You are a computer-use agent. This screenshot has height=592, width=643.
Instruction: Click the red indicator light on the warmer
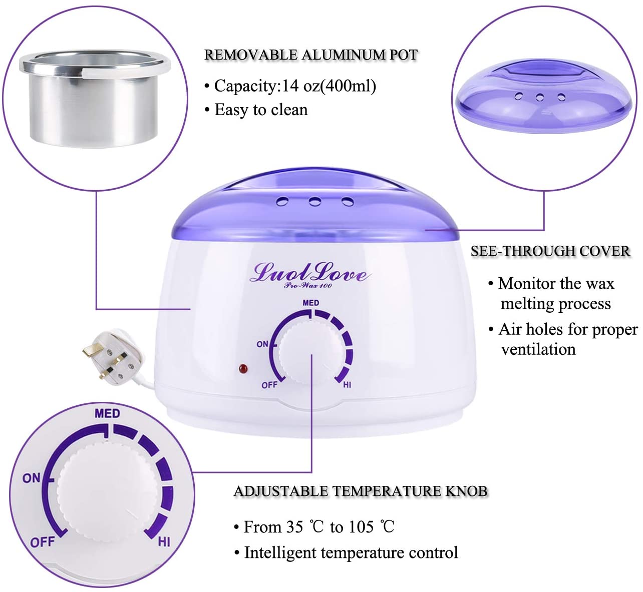tap(244, 369)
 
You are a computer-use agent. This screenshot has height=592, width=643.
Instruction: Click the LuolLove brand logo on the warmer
tap(310, 274)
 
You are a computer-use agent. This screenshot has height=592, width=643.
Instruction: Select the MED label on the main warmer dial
tap(310, 303)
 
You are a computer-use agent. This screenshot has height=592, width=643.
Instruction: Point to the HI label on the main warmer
tap(347, 385)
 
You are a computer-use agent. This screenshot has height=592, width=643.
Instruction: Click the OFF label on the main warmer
tap(269, 385)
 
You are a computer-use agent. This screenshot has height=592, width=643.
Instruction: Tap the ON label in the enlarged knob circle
tap(32, 478)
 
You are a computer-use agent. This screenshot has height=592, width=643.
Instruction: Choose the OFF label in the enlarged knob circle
tap(42, 542)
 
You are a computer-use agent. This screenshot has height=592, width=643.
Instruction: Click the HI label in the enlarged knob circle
tap(164, 541)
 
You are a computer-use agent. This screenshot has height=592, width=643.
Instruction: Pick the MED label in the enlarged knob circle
tap(107, 413)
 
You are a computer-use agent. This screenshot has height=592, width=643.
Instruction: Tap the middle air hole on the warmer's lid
tap(314, 202)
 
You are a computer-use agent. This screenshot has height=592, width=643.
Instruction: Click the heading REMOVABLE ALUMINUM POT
tap(310, 55)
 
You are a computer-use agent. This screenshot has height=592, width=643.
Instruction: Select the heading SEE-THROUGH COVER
tap(550, 251)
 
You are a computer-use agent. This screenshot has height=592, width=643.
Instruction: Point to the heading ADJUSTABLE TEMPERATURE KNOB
tap(361, 491)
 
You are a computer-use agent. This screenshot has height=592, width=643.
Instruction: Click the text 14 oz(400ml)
tap(329, 86)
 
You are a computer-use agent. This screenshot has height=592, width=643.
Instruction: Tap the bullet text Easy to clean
tap(261, 110)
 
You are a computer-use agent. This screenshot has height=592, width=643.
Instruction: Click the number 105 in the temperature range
tap(361, 527)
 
